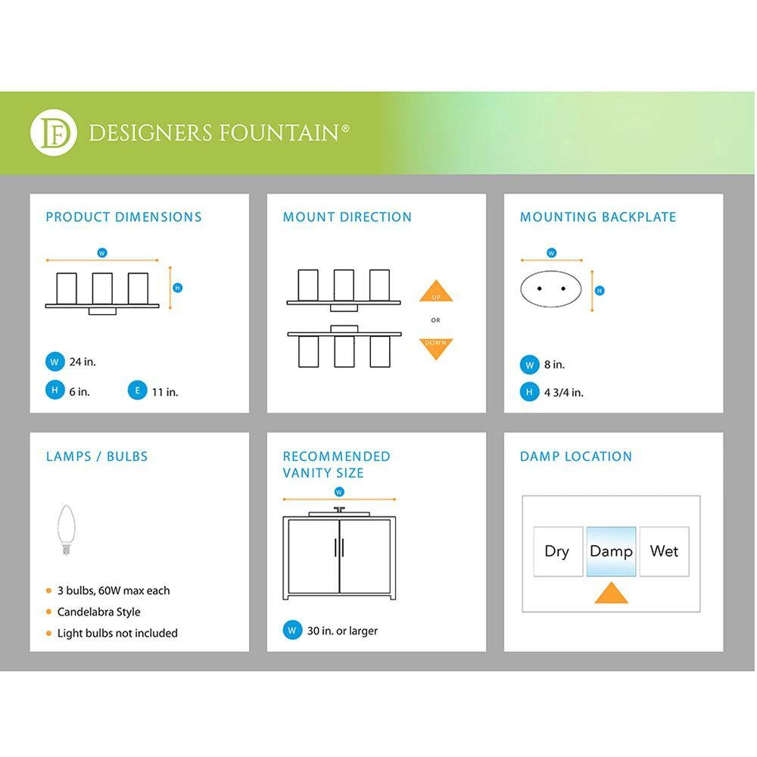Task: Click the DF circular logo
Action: [54, 133]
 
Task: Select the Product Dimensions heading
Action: [123, 217]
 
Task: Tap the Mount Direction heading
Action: [347, 217]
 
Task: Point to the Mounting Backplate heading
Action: [598, 217]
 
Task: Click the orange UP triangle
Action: [435, 293]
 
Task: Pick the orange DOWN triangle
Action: [435, 347]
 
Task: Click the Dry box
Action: [557, 551]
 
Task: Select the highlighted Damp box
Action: [611, 551]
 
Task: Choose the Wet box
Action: [664, 551]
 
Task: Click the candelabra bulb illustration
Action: [65, 530]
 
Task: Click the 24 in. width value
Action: [83, 362]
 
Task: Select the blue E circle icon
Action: [137, 391]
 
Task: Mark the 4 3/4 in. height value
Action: [563, 392]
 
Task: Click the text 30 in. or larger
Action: [342, 631]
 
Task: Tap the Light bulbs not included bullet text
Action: [117, 633]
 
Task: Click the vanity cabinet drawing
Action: [338, 556]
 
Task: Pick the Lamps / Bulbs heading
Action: [97, 456]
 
